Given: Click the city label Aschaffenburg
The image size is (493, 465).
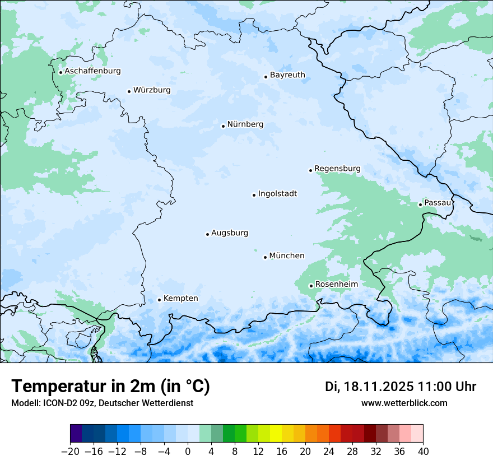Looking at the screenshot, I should click(92, 71).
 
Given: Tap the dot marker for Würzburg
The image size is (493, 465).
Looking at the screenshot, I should click(129, 91).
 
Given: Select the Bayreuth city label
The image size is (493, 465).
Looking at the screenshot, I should click(287, 75).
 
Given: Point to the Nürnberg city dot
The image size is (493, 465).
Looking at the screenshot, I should click(223, 126).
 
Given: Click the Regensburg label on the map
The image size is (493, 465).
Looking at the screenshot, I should click(337, 169).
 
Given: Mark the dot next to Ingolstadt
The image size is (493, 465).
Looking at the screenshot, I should click(254, 195).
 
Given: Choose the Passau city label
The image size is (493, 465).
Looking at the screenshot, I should click(437, 203).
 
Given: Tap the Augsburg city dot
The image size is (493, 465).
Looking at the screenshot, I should click(207, 234).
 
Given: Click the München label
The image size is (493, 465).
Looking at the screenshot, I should click(287, 256).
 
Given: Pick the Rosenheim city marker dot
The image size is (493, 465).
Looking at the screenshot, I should click(311, 286).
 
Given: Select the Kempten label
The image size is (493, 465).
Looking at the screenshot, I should click(180, 299).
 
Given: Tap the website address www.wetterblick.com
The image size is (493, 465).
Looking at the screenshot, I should click(404, 403).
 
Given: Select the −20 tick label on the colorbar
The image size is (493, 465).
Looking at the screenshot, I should click(71, 452).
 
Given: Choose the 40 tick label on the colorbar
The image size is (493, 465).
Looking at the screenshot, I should click(423, 452).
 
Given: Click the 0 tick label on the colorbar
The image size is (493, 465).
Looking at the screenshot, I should click(188, 452).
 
